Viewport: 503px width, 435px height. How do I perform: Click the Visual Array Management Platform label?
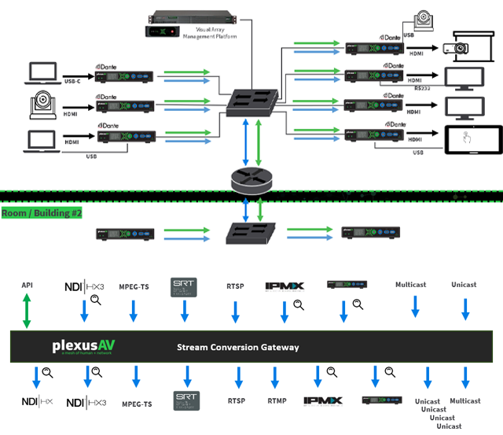pos(207,33)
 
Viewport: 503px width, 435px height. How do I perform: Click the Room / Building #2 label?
pos(42,213)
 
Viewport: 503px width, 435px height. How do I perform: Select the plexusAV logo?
pos(84,346)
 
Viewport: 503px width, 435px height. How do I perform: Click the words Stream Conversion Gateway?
pos(238,347)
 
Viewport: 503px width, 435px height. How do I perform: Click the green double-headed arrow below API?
pos(27,312)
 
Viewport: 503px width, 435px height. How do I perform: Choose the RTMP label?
pos(276,401)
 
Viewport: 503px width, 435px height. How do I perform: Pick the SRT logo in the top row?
pos(185,287)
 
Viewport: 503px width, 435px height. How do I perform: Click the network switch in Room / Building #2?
pos(247,234)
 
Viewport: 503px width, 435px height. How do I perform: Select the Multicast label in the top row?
pos(411,285)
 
